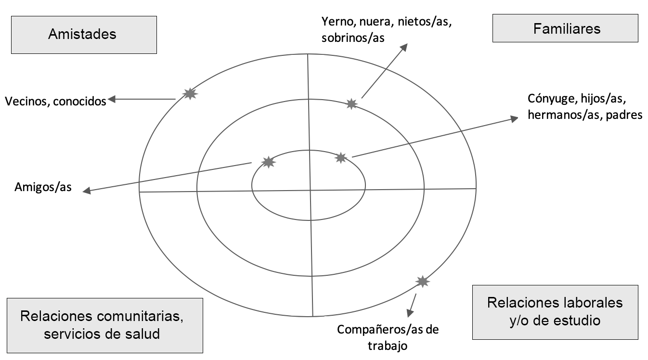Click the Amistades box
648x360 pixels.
click(x=84, y=34)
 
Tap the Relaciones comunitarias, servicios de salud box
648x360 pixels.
click(x=104, y=325)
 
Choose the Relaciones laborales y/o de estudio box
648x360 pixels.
click(x=555, y=311)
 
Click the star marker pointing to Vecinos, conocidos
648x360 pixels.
click(x=191, y=94)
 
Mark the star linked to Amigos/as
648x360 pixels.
click(x=268, y=162)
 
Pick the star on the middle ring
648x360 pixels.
click(x=352, y=103)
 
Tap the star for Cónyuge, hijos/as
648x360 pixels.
click(x=340, y=157)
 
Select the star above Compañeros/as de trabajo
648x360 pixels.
click(x=422, y=282)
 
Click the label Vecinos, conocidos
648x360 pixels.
click(x=55, y=101)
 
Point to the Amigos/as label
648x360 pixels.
click(x=43, y=187)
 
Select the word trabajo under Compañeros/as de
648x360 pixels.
click(x=388, y=345)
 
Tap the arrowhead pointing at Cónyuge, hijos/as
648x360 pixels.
click(x=513, y=118)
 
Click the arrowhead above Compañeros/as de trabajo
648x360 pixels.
click(x=410, y=312)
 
